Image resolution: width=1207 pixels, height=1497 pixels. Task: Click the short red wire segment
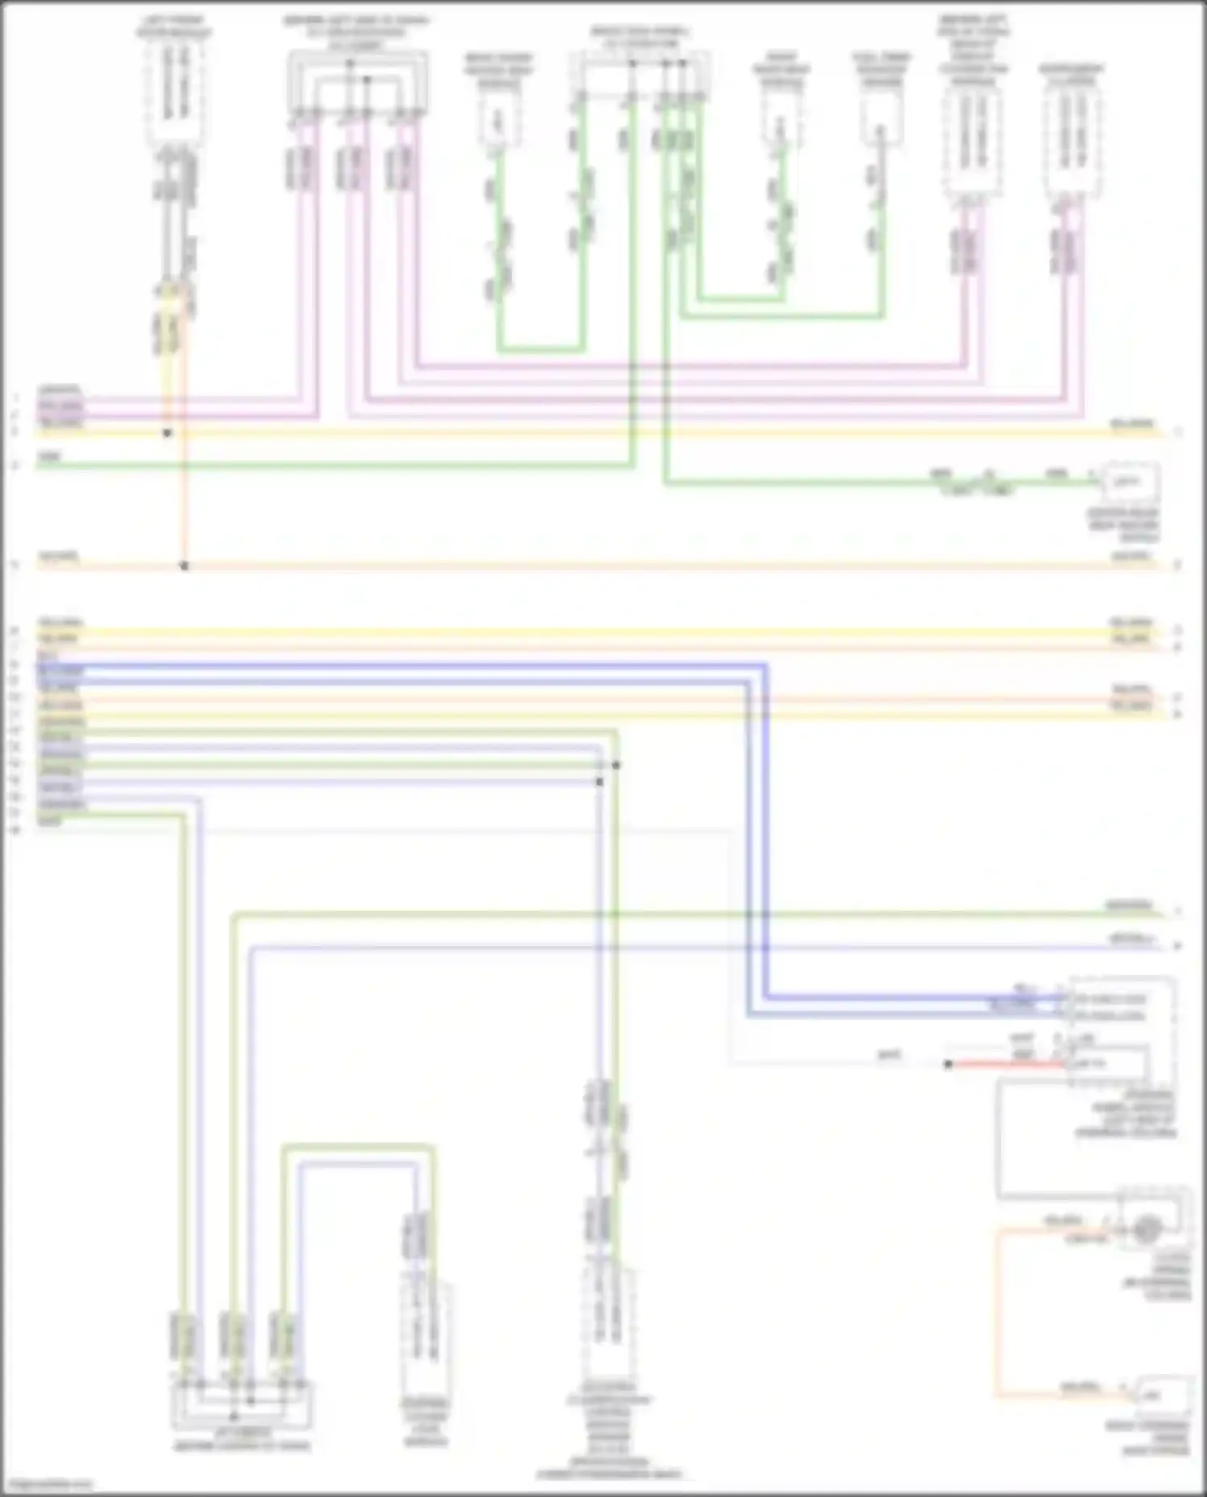click(x=1006, y=1064)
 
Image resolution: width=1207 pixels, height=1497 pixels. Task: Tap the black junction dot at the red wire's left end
click(x=949, y=1064)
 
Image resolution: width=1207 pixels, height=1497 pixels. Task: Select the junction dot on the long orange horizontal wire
click(x=184, y=566)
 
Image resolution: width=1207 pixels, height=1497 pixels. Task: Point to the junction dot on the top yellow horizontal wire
click(x=167, y=433)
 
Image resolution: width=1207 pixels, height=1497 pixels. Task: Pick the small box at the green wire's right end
click(x=1130, y=483)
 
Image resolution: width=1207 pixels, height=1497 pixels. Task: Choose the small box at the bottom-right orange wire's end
click(x=1160, y=1396)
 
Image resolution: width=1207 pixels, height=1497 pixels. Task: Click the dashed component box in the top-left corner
click(x=174, y=93)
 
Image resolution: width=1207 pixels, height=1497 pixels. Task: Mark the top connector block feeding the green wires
click(x=640, y=76)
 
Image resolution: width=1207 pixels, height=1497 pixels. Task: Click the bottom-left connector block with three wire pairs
click(x=241, y=1404)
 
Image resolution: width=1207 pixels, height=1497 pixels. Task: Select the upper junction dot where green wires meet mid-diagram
click(x=616, y=765)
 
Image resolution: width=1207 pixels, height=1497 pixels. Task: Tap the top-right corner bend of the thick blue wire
click(x=764, y=666)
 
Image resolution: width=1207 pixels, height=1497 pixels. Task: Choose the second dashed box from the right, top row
click(x=973, y=141)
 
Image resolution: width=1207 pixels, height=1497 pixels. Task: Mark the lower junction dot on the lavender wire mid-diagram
click(x=599, y=781)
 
